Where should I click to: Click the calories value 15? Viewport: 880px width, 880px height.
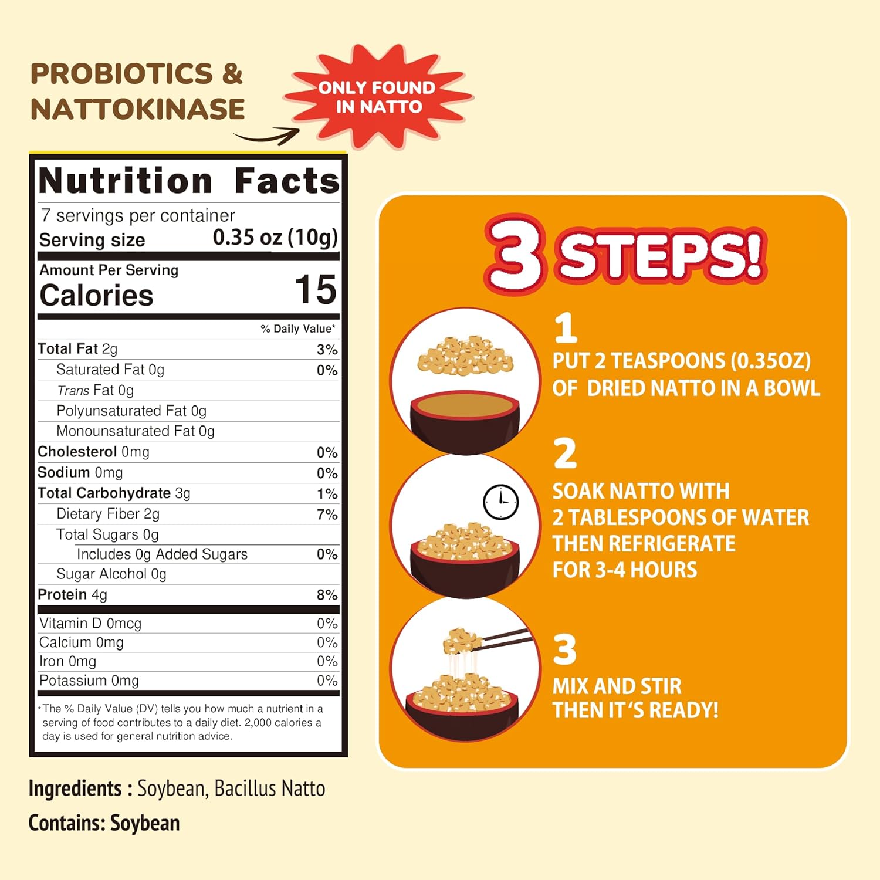point(316,290)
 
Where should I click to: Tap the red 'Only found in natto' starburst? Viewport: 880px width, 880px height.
point(378,97)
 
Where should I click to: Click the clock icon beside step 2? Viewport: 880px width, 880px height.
point(500,502)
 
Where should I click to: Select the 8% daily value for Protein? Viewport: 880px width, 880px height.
point(327,595)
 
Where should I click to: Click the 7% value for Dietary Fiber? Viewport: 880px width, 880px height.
point(327,515)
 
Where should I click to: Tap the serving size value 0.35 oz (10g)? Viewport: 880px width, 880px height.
point(275,238)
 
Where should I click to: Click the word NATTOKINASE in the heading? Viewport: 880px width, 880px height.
point(138,109)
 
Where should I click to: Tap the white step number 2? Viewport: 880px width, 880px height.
point(565,453)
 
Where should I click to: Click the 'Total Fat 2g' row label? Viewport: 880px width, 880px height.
point(77,349)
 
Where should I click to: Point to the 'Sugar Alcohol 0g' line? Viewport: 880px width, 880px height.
point(111,574)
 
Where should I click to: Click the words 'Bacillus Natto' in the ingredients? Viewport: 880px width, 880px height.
point(270,788)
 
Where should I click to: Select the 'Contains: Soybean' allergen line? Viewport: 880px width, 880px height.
point(104,823)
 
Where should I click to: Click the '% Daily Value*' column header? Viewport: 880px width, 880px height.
point(299,329)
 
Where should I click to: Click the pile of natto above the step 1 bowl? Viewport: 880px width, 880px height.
point(465,355)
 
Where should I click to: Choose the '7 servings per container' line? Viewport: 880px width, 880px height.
point(138,216)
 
